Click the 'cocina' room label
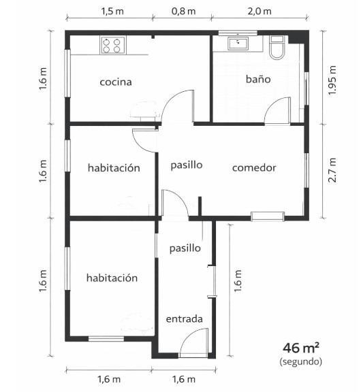point(116,82)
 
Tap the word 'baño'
point(258,79)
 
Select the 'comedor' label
point(254,167)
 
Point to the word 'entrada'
point(184,318)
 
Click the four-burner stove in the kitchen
point(113,45)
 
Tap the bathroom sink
point(238,44)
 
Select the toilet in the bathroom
point(277,48)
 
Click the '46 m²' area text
point(301,348)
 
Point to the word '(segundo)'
point(301,361)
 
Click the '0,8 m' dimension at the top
point(184,12)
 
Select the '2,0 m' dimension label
point(259,12)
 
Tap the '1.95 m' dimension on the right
point(332,80)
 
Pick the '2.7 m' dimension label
point(332,170)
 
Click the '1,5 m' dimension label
point(112,12)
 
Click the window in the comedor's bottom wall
point(268,216)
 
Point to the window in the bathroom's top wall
point(238,33)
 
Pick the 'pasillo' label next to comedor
point(187,165)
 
